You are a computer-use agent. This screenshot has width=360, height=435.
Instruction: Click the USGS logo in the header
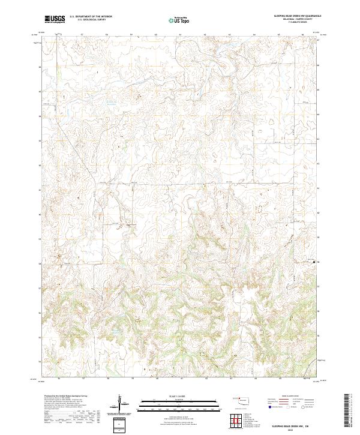(x=55, y=19)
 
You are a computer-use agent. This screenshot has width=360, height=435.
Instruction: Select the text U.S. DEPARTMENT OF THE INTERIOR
(x=91, y=17)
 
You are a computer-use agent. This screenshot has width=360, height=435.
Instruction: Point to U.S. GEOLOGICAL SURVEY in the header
(x=88, y=20)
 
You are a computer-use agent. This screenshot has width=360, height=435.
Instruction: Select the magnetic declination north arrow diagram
(x=119, y=403)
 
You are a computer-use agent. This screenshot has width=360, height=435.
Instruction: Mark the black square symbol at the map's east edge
(x=314, y=262)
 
